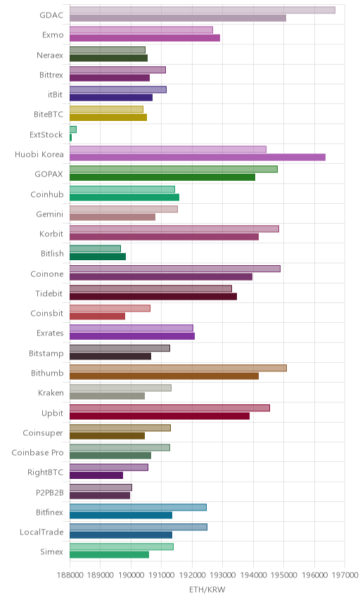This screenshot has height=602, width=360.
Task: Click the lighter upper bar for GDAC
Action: [x=202, y=10]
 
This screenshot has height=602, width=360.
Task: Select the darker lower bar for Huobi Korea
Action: [x=198, y=157]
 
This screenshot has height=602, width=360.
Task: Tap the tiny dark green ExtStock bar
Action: [x=70, y=137]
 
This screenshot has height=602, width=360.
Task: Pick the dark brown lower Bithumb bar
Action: [x=165, y=376]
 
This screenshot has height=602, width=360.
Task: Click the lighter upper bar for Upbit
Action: [x=169, y=408]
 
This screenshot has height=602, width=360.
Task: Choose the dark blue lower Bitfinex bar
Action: [x=121, y=515]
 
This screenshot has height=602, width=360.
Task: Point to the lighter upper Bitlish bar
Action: [x=95, y=249]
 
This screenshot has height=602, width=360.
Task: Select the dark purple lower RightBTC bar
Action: [x=96, y=475]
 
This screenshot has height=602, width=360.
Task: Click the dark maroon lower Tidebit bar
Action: [x=153, y=296]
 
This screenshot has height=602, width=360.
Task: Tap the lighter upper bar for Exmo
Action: [x=141, y=30]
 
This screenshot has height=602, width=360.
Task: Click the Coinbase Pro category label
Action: [x=37, y=453]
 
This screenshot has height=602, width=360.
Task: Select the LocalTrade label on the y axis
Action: [x=41, y=532]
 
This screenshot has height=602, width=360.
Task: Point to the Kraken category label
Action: [x=51, y=392]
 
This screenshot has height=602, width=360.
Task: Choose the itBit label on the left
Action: [x=56, y=94]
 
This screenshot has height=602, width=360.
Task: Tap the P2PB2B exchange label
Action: [x=49, y=492]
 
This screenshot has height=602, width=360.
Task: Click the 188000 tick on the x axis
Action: [x=70, y=575]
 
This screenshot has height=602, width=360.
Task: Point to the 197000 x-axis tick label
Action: [x=345, y=575]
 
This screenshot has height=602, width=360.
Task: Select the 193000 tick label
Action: [x=223, y=575]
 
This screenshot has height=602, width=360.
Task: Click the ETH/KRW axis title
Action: [x=207, y=589]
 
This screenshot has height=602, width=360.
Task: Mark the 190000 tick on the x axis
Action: [x=131, y=575]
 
